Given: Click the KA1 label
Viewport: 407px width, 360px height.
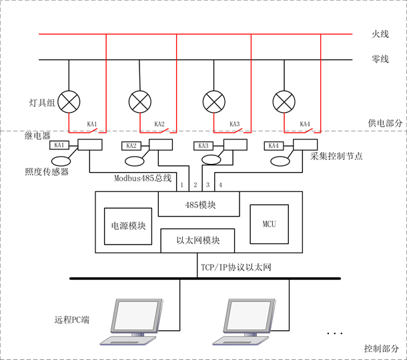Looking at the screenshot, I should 59,145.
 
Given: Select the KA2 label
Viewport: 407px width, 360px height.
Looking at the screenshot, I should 131,145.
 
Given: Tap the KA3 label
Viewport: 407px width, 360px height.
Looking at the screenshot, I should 203,145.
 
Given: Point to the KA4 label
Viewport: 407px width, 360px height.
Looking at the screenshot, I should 274,145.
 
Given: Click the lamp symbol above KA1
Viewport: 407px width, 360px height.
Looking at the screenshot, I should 69,102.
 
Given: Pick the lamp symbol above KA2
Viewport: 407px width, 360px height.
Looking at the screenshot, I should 139,102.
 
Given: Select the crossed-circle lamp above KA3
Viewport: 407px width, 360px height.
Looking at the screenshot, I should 214,102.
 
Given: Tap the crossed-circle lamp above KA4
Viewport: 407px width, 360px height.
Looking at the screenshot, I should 284,102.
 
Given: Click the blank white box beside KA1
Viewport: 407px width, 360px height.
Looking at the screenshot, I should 90,145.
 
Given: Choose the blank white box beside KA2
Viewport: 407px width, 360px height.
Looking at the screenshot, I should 161,145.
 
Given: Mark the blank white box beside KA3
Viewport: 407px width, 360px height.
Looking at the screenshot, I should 235,145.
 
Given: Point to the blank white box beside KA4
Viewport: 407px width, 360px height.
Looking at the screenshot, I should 305,145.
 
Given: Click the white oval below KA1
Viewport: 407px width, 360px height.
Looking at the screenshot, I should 61,161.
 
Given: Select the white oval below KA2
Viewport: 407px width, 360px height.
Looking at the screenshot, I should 134,161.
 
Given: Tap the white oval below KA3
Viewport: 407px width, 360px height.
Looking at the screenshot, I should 211,159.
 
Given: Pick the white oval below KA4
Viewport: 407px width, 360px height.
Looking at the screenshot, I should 280,161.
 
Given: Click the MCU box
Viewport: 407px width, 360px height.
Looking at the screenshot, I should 269,224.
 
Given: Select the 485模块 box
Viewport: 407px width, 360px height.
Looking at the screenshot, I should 199,204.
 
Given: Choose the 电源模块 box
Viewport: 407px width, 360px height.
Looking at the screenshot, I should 128,226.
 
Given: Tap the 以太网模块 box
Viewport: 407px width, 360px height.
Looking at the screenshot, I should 197,240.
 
